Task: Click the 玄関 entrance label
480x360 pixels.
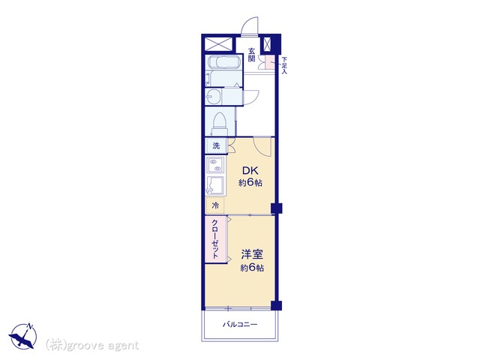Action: (x=252, y=55)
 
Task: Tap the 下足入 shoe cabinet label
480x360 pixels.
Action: (x=284, y=65)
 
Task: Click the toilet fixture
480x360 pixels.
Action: (x=219, y=124)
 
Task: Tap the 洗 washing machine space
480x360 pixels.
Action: (x=216, y=145)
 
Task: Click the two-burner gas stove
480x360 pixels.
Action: (x=215, y=165)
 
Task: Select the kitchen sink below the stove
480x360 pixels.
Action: (x=215, y=185)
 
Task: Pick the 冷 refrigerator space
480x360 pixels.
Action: (x=215, y=205)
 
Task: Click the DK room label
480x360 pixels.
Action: (x=250, y=170)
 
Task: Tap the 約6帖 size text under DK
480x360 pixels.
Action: (x=250, y=183)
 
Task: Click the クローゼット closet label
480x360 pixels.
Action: (x=215, y=239)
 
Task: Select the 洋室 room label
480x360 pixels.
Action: (x=252, y=254)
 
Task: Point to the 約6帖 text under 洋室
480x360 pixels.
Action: (x=252, y=268)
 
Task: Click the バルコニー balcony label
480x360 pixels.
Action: (x=240, y=325)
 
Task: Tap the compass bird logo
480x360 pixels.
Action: (x=23, y=336)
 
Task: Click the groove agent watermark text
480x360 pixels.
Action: (x=92, y=346)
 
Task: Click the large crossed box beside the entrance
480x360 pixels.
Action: (x=218, y=43)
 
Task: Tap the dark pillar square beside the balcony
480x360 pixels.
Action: (x=277, y=305)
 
